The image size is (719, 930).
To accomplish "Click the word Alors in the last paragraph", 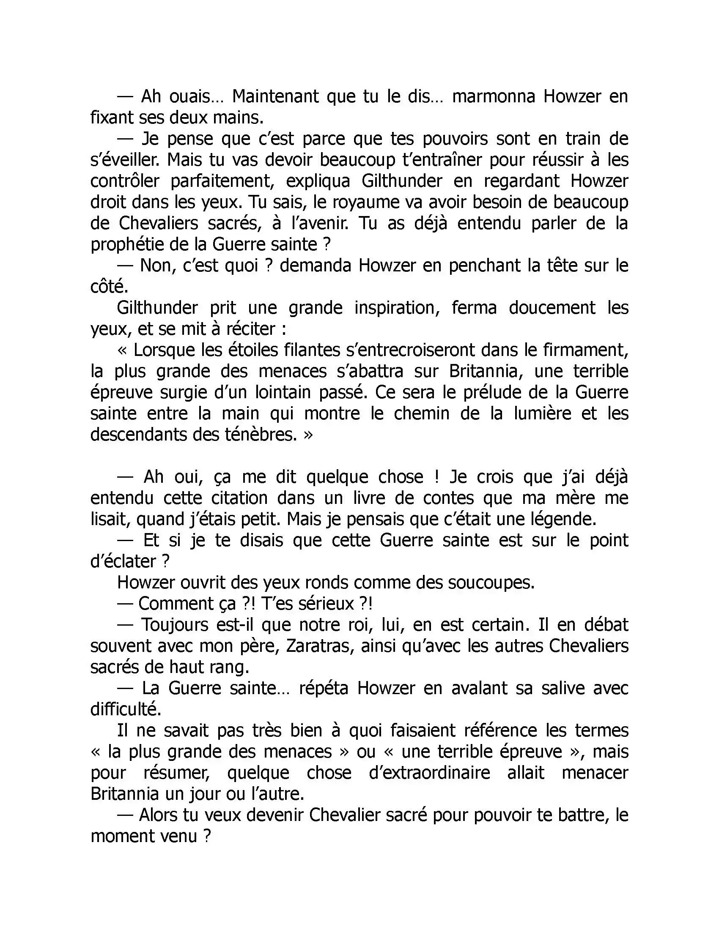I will (x=159, y=815).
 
